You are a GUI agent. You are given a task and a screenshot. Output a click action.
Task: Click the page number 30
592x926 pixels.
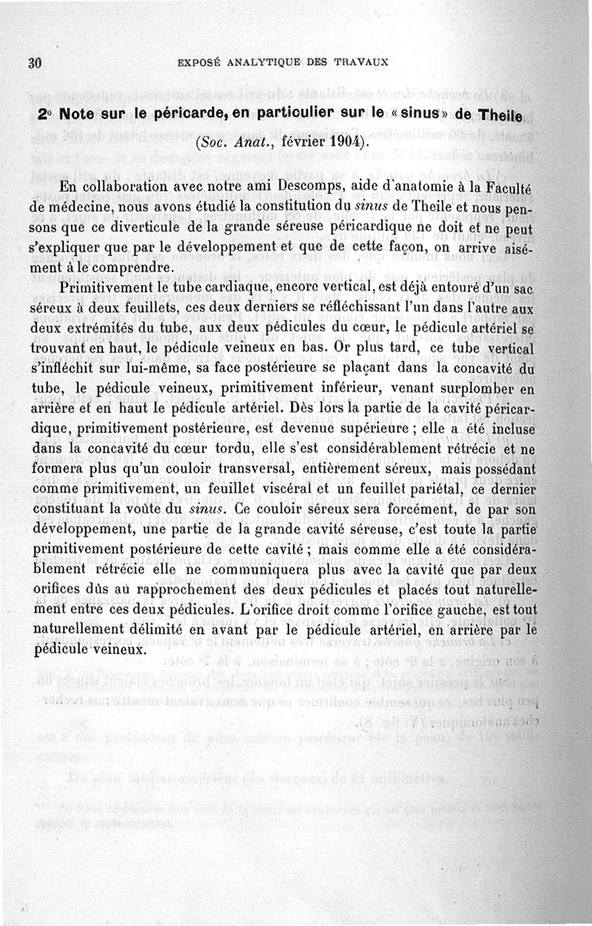click(x=33, y=62)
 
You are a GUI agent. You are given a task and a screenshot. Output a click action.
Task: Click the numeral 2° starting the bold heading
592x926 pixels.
click(x=44, y=116)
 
